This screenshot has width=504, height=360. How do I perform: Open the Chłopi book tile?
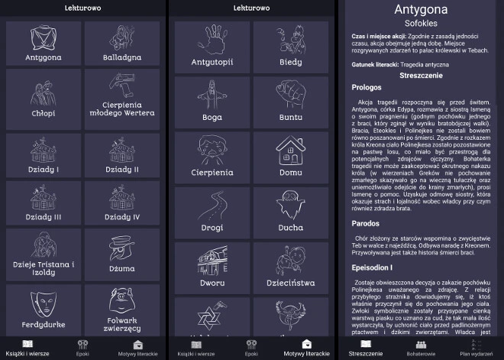[43, 99]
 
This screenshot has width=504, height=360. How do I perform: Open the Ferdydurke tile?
[43, 310]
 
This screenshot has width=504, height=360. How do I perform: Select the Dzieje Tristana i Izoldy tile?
[43, 258]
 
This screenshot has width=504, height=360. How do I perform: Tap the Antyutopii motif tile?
[212, 45]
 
